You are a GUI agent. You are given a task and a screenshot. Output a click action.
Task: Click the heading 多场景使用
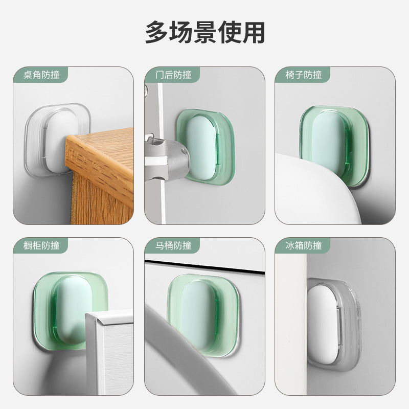(x=204, y=32)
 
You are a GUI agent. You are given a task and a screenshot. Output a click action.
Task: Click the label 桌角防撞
(x=41, y=75)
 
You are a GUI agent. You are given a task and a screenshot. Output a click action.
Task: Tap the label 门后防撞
(x=173, y=75)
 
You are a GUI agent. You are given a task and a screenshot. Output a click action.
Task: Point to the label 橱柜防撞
(x=41, y=246)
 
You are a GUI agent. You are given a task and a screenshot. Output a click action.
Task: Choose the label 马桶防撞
(x=173, y=246)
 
